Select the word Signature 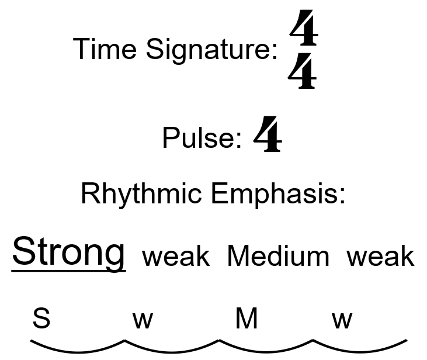(x=211, y=50)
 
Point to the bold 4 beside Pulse (x=268, y=135)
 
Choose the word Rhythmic (x=142, y=193)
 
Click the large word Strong (x=68, y=252)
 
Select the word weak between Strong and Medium (x=176, y=257)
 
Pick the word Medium (x=278, y=257)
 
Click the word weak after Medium (x=380, y=257)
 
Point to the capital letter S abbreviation (x=41, y=319)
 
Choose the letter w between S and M (x=143, y=320)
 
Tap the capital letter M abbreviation (x=246, y=319)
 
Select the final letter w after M (x=342, y=320)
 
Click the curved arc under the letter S (x=77, y=348)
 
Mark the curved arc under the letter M (x=266, y=348)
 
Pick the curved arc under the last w (x=360, y=348)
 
